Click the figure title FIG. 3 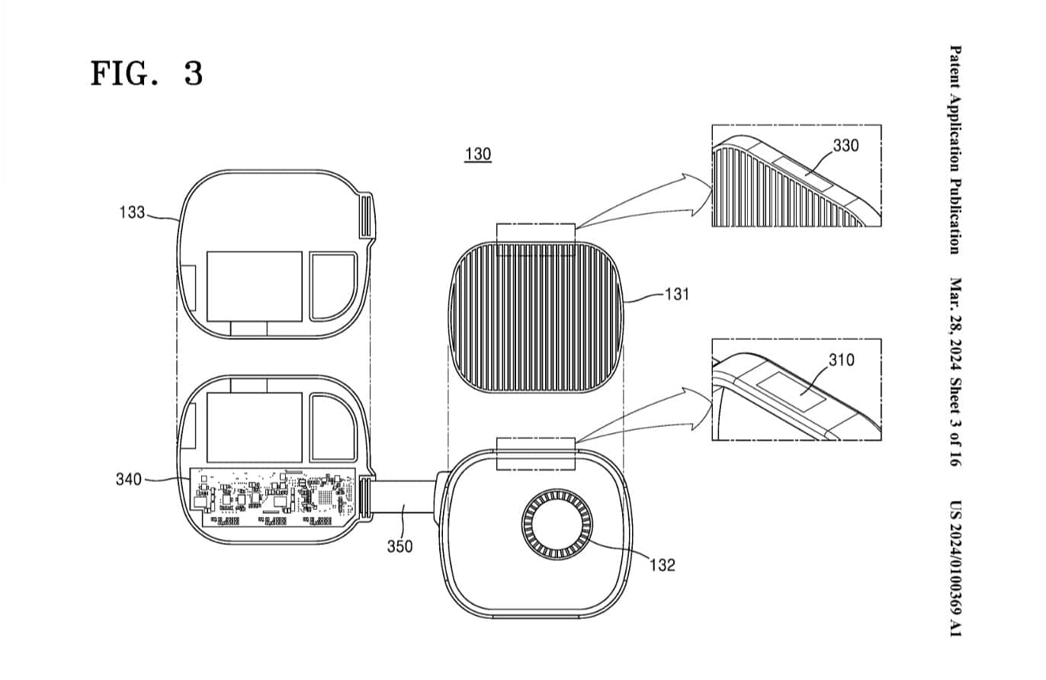coord(146,74)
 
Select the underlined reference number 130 coord(478,154)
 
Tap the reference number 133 coord(132,213)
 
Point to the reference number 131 coord(675,293)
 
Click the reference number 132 coord(662,565)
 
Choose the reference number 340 coord(129,479)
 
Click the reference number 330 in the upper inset coord(845,146)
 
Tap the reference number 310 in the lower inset coord(841,360)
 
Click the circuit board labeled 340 coord(272,497)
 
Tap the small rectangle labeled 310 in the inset coord(794,390)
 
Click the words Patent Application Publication coord(955,149)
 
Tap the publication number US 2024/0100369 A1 coord(955,568)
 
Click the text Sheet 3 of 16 coord(955,426)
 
